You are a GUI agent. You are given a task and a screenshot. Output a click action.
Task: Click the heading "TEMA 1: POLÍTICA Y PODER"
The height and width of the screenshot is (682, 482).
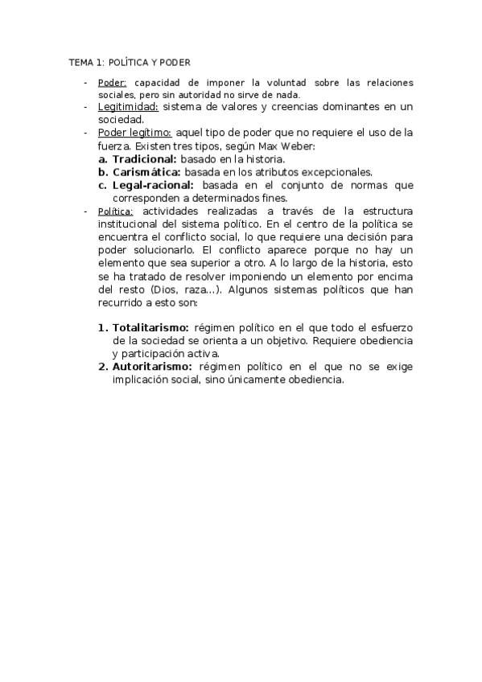point(129,62)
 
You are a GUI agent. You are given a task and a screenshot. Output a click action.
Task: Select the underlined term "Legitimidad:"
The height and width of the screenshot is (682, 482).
point(127,106)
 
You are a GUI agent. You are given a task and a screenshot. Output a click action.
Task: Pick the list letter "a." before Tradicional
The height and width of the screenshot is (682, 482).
point(103,160)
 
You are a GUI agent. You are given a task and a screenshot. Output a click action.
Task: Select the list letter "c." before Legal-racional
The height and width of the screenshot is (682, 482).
point(103,184)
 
